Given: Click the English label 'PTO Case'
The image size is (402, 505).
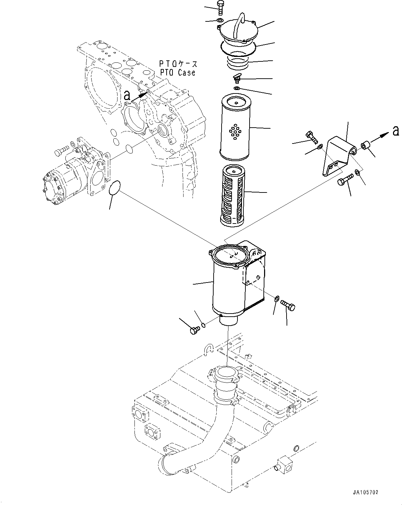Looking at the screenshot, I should click(x=177, y=72).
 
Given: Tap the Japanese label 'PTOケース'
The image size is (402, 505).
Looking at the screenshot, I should click(x=178, y=64).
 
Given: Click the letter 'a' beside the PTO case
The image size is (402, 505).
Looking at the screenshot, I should click(x=127, y=96).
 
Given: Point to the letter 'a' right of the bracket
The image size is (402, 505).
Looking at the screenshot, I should click(x=396, y=130).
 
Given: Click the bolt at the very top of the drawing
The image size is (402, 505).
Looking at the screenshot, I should click(x=220, y=7).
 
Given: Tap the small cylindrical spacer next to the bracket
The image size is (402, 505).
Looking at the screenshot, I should click(x=366, y=146).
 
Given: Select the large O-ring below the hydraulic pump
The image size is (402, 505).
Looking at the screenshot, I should click(x=114, y=189).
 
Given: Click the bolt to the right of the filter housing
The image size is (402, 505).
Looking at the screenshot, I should click(x=287, y=305).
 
